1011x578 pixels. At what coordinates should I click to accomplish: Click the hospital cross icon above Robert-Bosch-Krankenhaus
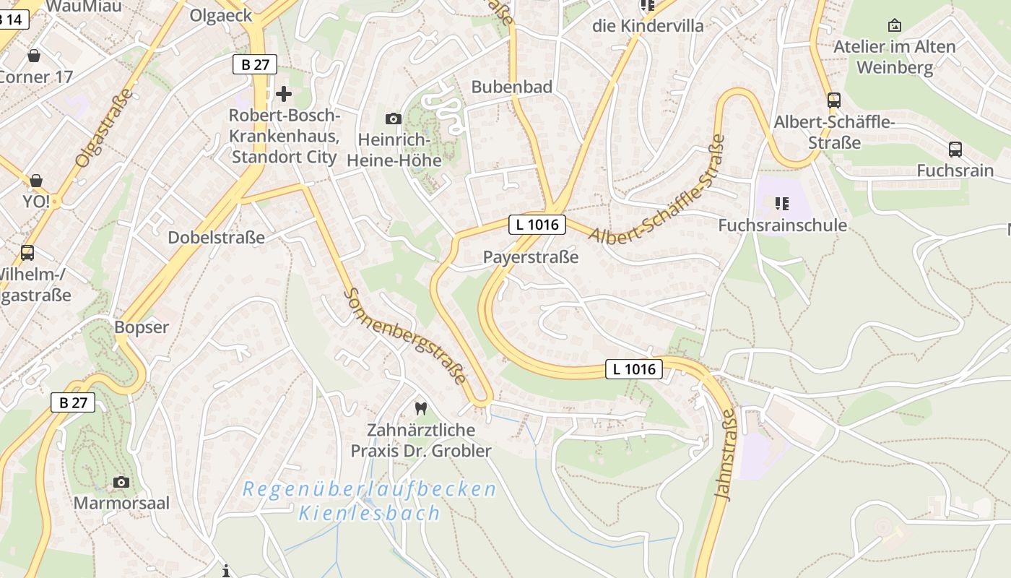point(284,93)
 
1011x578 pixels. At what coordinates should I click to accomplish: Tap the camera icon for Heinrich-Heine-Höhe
point(394,118)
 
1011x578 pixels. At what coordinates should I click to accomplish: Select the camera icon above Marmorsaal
point(121,482)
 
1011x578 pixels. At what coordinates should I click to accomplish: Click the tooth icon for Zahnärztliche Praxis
point(421,408)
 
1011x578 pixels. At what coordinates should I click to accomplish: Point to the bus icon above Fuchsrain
point(955,150)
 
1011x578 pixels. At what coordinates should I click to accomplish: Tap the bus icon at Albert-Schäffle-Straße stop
point(834,100)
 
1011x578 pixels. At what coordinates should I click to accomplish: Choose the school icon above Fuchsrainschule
point(782,204)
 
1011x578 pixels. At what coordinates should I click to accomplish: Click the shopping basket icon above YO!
point(35,180)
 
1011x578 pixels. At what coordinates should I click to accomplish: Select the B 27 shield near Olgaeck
point(255,64)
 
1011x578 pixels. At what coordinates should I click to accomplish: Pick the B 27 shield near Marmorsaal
point(73,402)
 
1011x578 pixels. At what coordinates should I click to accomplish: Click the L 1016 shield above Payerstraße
point(537,225)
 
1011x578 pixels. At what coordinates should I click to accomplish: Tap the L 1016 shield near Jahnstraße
point(633,369)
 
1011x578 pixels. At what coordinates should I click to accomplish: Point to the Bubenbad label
point(511,87)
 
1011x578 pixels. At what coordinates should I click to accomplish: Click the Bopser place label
point(142,327)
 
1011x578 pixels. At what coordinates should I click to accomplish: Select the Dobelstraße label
point(216,238)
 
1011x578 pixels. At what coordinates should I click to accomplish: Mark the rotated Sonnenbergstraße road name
point(405,336)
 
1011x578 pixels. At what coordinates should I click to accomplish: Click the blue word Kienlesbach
point(369,514)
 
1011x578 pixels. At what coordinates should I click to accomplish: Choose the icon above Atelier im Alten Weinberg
point(894,26)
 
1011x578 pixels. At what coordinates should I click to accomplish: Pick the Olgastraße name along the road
point(105,128)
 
